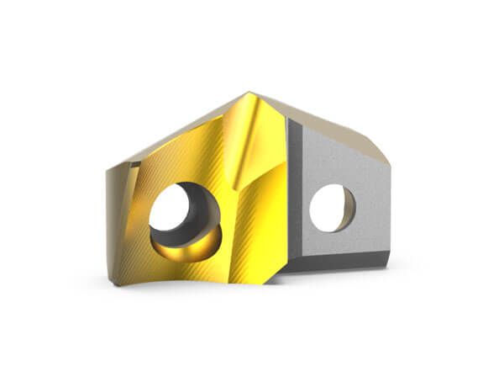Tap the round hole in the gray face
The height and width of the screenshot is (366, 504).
pos(332,207)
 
